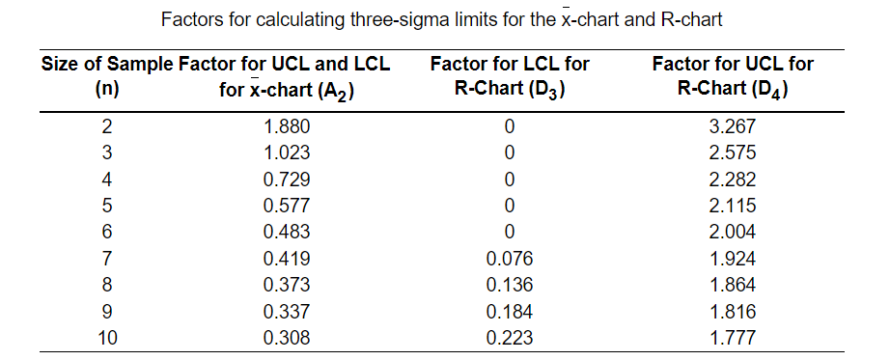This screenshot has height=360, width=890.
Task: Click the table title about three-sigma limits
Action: [442, 19]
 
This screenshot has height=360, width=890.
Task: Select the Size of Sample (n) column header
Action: [107, 77]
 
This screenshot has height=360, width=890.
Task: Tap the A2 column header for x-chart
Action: [285, 77]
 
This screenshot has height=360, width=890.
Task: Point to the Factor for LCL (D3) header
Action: [509, 77]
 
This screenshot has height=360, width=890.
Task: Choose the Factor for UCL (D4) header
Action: [732, 77]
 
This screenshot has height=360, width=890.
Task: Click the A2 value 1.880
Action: [286, 126]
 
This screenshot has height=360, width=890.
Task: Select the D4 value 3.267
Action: [732, 126]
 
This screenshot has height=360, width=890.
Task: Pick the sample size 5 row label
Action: [107, 206]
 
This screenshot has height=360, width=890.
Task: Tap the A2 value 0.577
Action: [286, 206]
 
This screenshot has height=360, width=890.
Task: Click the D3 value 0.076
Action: [509, 259]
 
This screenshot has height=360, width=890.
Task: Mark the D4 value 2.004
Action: [732, 232]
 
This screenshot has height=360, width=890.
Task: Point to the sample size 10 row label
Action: [107, 338]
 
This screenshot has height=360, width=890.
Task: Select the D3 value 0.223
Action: [509, 338]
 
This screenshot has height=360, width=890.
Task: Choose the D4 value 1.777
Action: [732, 338]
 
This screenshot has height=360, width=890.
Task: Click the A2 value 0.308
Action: [286, 338]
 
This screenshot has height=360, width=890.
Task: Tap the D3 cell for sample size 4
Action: [509, 180]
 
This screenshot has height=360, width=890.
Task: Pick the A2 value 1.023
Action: [286, 152]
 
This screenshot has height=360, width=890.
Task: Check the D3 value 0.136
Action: [509, 285]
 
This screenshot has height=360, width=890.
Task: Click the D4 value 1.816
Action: [732, 312]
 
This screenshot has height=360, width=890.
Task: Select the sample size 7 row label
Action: [107, 259]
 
